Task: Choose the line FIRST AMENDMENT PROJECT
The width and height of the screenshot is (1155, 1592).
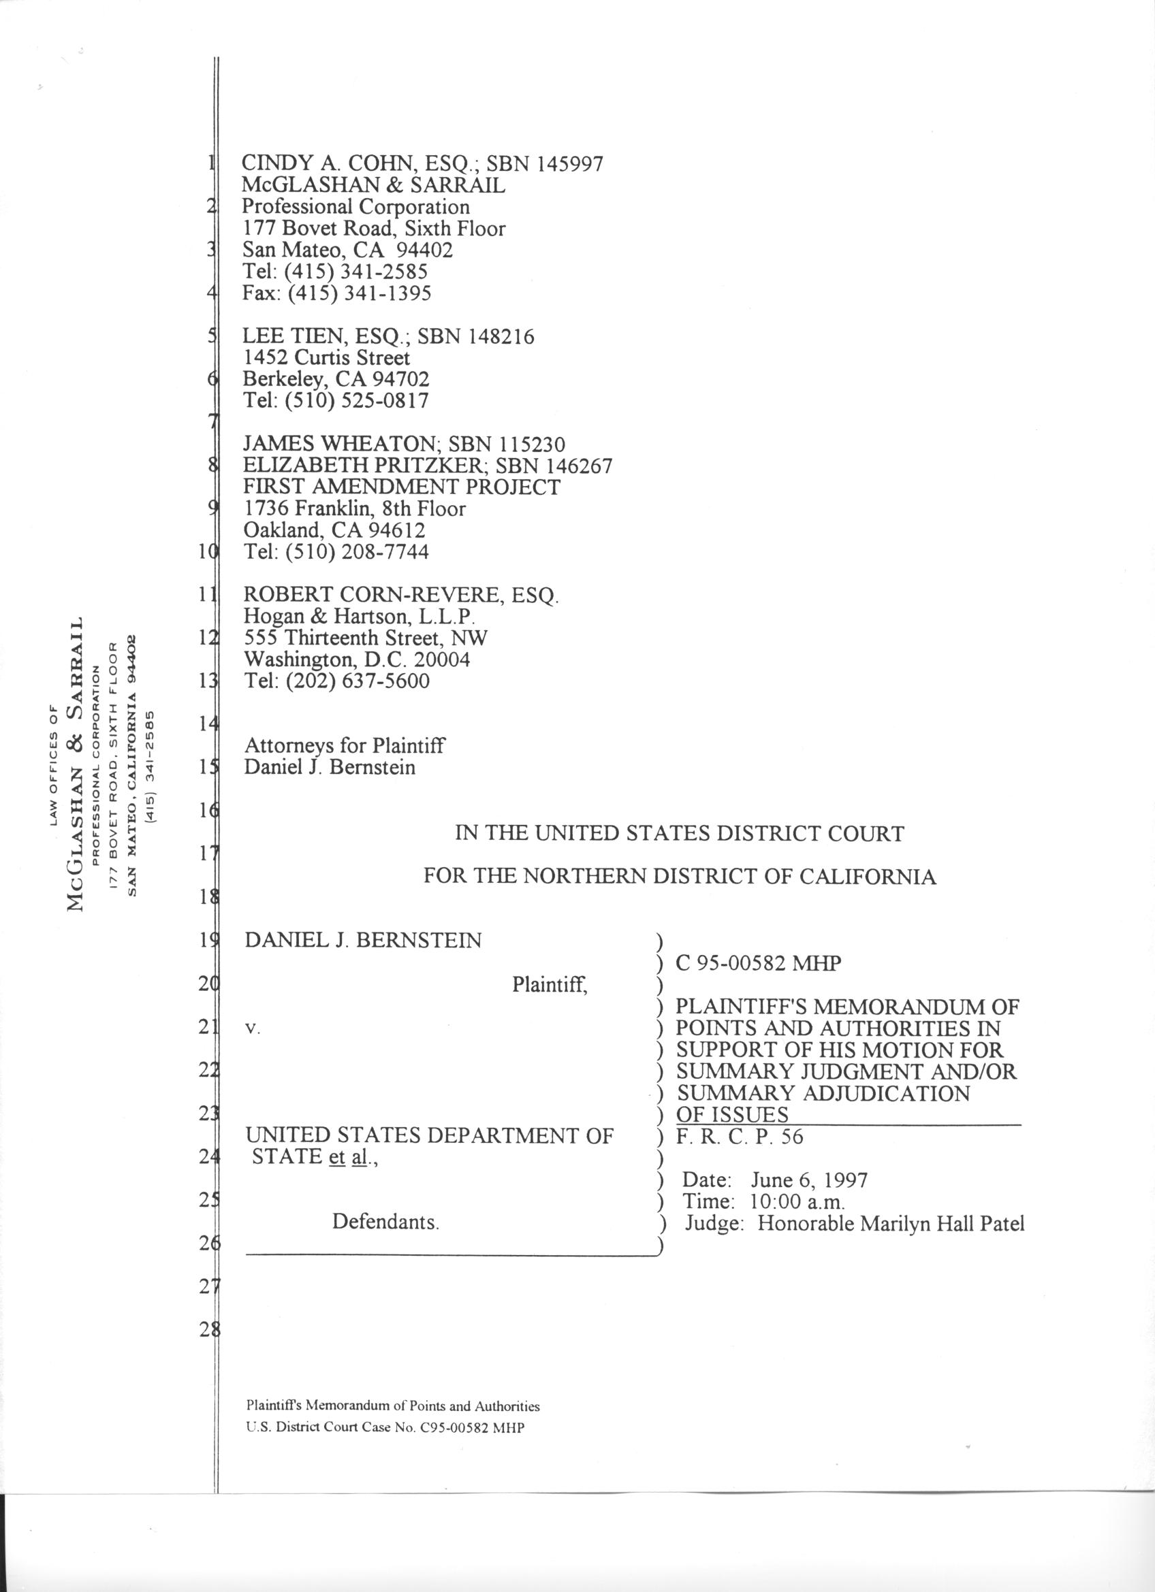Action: (402, 487)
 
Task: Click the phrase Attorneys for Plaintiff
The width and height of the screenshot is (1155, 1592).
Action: (344, 745)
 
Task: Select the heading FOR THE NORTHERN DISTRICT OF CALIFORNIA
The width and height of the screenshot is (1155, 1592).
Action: (679, 877)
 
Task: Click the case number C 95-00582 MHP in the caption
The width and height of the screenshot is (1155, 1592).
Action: (757, 963)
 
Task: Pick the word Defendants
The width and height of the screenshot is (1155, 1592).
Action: (385, 1222)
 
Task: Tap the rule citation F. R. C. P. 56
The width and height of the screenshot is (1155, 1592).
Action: (740, 1137)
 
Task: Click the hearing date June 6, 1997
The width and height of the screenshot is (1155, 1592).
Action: (809, 1180)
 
